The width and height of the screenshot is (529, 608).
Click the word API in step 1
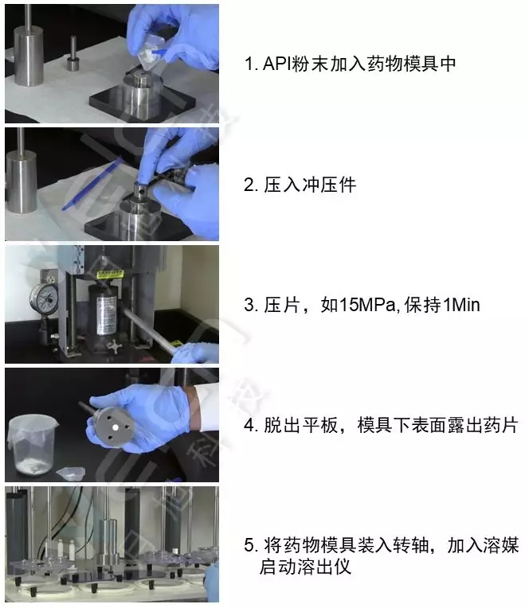[277, 64]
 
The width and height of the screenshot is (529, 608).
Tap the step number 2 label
[251, 185]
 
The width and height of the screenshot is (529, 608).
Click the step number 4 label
[251, 426]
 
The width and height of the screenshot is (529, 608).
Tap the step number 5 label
[251, 545]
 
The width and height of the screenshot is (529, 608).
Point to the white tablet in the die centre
[116, 427]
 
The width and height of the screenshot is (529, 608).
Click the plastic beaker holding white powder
[33, 444]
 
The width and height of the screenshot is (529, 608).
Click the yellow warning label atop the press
[110, 275]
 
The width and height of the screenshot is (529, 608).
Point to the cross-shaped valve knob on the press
[115, 346]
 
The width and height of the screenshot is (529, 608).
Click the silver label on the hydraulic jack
[106, 315]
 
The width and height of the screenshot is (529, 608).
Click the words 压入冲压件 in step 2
[310, 185]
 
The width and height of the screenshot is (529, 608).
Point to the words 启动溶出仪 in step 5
[305, 567]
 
